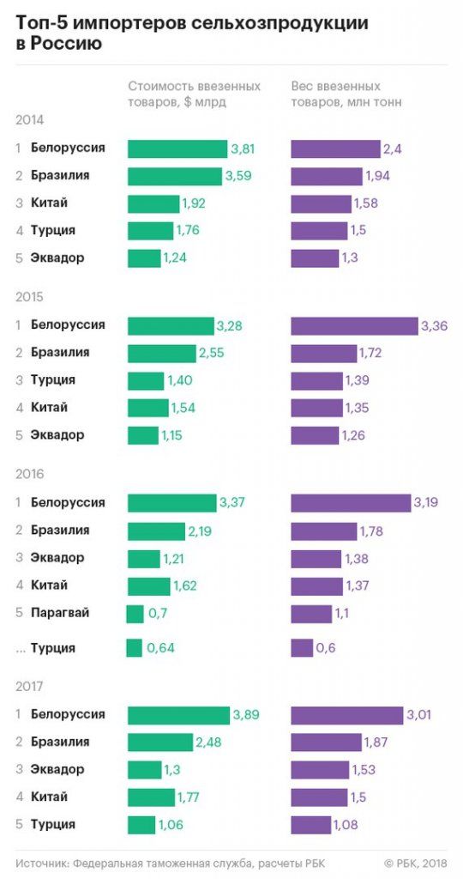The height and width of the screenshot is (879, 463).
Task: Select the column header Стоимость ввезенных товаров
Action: [x=194, y=94]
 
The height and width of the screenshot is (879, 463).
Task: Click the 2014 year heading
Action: [x=29, y=120]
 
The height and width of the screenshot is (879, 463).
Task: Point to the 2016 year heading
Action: [x=29, y=474]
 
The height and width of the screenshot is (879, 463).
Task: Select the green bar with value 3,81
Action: [x=177, y=149]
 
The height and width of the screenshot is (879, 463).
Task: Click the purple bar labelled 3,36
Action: [x=354, y=325]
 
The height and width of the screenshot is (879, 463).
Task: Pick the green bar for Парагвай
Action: [x=135, y=614]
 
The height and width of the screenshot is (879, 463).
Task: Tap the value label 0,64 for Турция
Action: [x=160, y=648]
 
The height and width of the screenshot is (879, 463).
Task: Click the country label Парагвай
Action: [x=60, y=613]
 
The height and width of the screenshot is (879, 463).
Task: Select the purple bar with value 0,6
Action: [x=302, y=648]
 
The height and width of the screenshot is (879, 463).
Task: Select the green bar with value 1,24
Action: [x=144, y=258]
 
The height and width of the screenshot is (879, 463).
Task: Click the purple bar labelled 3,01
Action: [x=346, y=715]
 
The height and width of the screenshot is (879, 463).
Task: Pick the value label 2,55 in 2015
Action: [x=212, y=353]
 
